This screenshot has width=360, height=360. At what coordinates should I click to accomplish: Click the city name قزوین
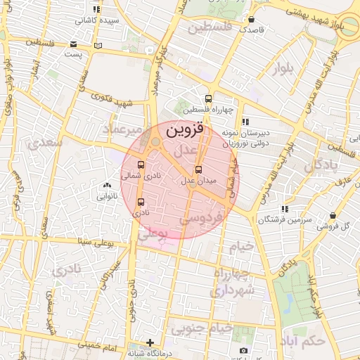click(x=184, y=131)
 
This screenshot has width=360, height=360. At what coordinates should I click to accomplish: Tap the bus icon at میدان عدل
click(x=198, y=169)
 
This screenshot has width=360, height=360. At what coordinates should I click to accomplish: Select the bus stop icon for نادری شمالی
click(x=141, y=165)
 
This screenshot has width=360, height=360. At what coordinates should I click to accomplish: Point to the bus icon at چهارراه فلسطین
click(x=207, y=98)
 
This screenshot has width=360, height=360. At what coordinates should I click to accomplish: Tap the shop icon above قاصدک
click(x=252, y=19)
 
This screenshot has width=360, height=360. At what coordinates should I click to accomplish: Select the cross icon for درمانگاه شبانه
click(x=150, y=342)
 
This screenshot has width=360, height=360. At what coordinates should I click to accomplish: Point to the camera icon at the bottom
click(x=243, y=350)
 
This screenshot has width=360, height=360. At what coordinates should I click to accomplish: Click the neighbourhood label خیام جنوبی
click(x=204, y=328)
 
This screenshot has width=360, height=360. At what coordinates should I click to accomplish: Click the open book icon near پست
click(x=98, y=46)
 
